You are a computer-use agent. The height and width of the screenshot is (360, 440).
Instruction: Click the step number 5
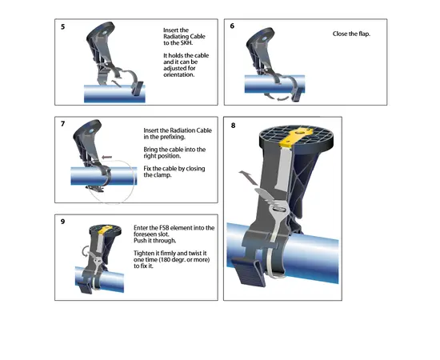(x=63, y=27)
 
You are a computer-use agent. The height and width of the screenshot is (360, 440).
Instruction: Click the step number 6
(x=232, y=26)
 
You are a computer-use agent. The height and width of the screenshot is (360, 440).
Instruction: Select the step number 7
(x=63, y=124)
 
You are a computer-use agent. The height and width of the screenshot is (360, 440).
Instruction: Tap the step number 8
(x=233, y=126)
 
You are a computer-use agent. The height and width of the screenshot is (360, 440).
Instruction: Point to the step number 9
(x=63, y=222)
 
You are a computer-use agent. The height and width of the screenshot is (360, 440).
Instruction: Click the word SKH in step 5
(x=186, y=43)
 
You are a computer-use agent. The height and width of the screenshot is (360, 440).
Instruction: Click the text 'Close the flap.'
(x=351, y=34)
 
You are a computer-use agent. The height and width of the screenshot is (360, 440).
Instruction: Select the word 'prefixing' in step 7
(x=173, y=138)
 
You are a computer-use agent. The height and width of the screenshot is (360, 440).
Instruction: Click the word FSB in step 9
(x=164, y=228)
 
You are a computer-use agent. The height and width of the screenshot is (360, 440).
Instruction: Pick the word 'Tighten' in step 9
(x=144, y=254)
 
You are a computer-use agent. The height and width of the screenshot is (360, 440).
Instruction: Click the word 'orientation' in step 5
(x=178, y=75)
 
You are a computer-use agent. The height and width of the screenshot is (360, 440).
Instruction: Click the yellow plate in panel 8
(x=297, y=137)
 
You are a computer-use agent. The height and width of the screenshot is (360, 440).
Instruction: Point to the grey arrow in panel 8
(x=248, y=178)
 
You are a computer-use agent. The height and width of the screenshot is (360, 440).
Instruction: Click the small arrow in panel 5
(x=117, y=83)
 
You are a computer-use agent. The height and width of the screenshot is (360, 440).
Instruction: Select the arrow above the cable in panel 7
(x=106, y=158)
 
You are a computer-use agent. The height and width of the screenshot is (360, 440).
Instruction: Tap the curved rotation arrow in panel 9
(x=85, y=251)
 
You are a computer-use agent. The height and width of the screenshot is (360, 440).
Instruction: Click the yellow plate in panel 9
(x=106, y=230)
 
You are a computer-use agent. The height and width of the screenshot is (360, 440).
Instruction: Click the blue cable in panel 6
(x=274, y=84)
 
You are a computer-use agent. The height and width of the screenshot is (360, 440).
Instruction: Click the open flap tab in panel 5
(x=138, y=89)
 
